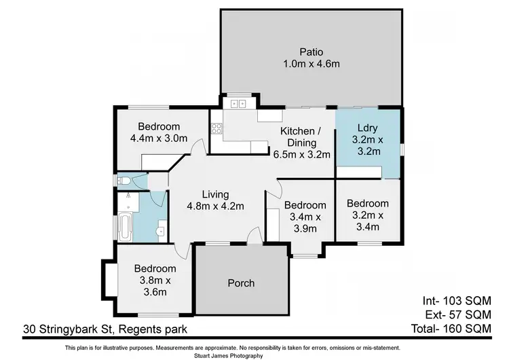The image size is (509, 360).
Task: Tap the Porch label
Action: click(x=240, y=283)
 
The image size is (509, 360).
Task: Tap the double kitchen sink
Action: click(x=238, y=104)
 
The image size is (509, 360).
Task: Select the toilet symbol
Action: click(x=124, y=181)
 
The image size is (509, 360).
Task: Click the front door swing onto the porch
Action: click(x=253, y=236)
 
